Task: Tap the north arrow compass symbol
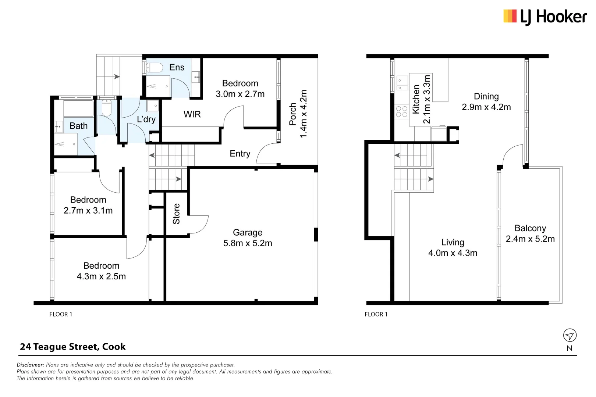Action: tap(570, 335)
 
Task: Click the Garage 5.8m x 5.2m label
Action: tap(248, 238)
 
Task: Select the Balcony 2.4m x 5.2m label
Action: tap(530, 233)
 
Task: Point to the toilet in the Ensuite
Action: tap(155, 68)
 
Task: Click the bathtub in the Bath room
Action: tap(78, 109)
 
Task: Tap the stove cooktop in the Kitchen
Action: tap(401, 112)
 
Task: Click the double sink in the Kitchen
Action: tap(402, 83)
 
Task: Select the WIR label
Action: tap(192, 114)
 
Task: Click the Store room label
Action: tap(176, 214)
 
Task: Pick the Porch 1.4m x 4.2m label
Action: tap(298, 114)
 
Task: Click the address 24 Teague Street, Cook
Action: tap(73, 347)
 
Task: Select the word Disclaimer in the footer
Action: tap(30, 365)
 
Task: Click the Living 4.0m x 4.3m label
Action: tap(453, 247)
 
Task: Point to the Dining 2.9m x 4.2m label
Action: tap(486, 102)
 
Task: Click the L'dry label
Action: tap(146, 119)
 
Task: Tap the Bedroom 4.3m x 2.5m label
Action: tap(101, 271)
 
